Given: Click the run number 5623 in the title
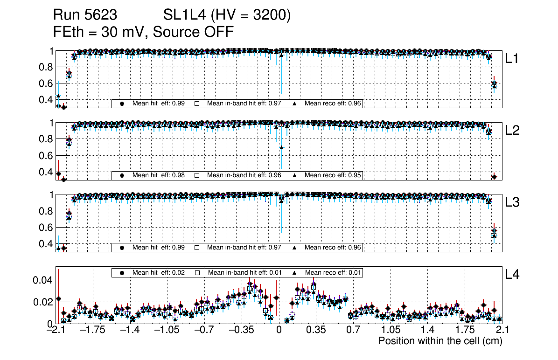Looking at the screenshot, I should coord(101,15).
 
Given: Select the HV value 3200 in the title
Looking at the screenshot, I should coord(271,15).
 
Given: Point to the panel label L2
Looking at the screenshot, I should coord(512,131).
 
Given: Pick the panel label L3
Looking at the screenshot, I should coord(512,202).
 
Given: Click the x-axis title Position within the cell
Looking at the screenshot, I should coord(440,341).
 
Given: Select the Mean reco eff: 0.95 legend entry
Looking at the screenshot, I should coord(333,175).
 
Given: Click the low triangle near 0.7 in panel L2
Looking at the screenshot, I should coord(281,147).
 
